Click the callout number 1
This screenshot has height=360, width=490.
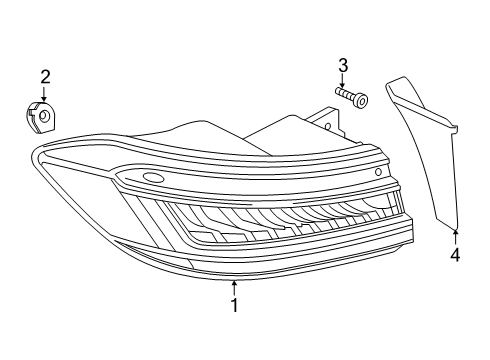click(x=235, y=305)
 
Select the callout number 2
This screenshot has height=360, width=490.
click(x=45, y=77)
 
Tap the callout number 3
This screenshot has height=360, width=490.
click(x=343, y=66)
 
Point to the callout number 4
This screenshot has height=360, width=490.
click(x=455, y=255)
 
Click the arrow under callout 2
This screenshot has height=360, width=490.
click(x=44, y=93)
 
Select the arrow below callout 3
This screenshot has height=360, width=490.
click(x=342, y=81)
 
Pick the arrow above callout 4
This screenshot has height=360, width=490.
click(x=456, y=238)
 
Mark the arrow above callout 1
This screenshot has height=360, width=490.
click(x=235, y=288)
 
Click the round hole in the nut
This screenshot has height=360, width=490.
click(x=44, y=116)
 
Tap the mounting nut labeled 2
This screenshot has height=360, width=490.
click(x=41, y=117)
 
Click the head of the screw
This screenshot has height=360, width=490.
click(x=362, y=100)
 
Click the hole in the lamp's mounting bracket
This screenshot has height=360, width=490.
click(x=328, y=126)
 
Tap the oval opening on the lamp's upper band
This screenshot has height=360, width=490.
click(x=153, y=178)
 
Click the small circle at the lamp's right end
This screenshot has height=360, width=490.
click(x=379, y=172)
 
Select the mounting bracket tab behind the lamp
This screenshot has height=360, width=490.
click(x=328, y=122)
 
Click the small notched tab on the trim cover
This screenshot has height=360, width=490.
click(x=455, y=129)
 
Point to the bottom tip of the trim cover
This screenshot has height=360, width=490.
click(x=455, y=230)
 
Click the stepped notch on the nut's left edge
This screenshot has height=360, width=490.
click(x=29, y=113)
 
